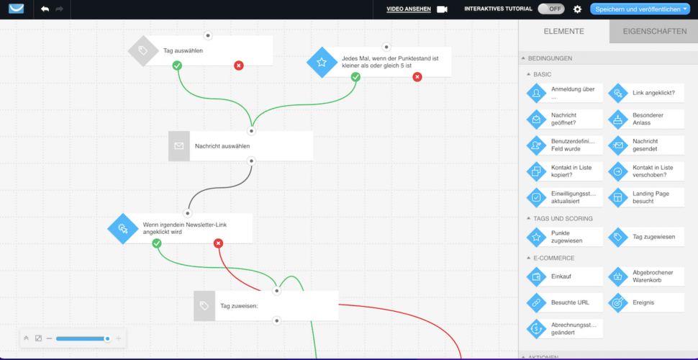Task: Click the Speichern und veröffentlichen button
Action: [x=639, y=9]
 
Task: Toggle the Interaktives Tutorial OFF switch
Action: [x=551, y=9]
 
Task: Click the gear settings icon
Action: [x=577, y=9]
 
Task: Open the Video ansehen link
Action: [x=409, y=9]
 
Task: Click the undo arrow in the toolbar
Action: [x=45, y=9]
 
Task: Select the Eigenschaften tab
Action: [x=654, y=31]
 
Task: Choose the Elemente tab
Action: [x=564, y=31]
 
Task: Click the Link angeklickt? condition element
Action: [x=646, y=93]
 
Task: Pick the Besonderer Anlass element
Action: [x=646, y=119]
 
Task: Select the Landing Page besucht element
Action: [x=646, y=197]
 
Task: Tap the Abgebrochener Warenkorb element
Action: [x=646, y=276]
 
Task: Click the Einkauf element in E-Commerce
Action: [x=564, y=276]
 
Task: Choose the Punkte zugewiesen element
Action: [x=564, y=237]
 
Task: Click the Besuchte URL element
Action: [x=564, y=302]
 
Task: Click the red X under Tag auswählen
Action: [x=239, y=66]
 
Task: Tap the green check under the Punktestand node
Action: [x=355, y=77]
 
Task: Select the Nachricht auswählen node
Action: [x=240, y=145]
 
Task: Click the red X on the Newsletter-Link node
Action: [x=218, y=243]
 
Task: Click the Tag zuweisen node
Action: [x=266, y=306]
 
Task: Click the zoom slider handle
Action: [x=107, y=338]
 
